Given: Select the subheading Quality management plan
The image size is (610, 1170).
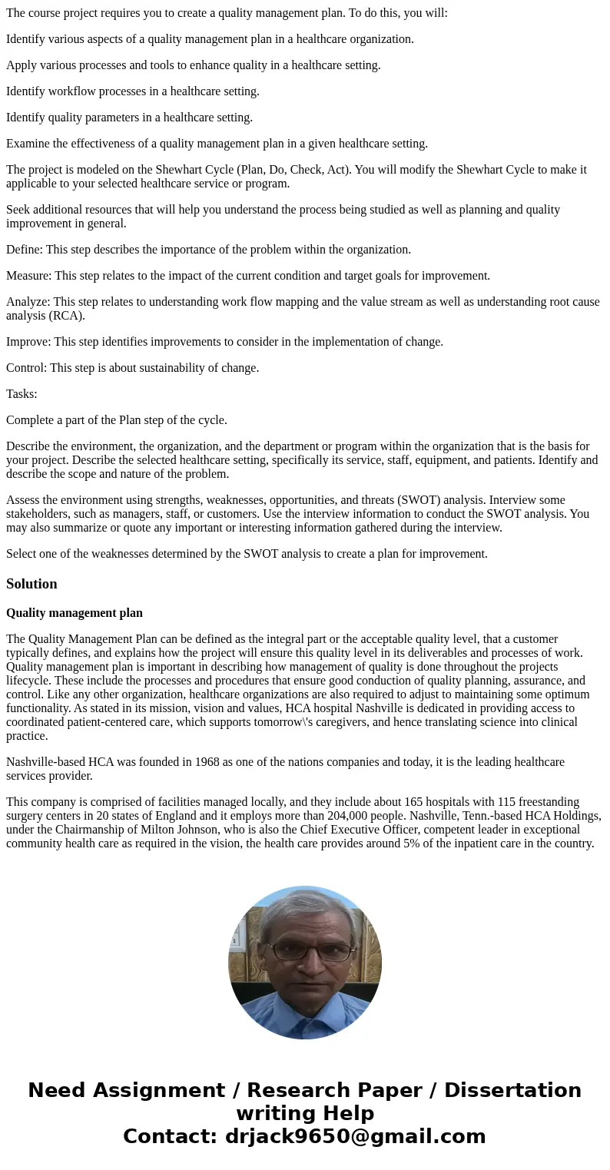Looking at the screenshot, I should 75,613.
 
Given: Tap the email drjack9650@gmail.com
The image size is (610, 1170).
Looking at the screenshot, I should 355,1136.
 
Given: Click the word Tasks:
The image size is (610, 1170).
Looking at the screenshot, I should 22,394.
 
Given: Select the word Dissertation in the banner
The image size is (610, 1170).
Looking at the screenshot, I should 512,1091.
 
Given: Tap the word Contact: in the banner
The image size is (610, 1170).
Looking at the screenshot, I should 171,1136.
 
